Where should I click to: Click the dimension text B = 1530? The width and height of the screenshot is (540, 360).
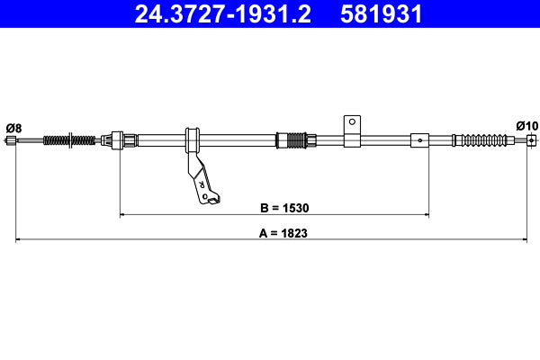(273, 208)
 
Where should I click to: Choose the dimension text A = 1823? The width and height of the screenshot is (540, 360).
(273, 232)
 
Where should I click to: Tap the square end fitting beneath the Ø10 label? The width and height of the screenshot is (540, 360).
(531, 139)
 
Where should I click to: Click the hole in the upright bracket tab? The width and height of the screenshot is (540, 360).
(353, 121)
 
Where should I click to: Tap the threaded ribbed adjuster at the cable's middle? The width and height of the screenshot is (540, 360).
(294, 139)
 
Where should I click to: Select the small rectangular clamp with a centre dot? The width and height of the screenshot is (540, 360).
(419, 139)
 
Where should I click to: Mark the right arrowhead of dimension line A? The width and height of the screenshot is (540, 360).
(526, 239)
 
